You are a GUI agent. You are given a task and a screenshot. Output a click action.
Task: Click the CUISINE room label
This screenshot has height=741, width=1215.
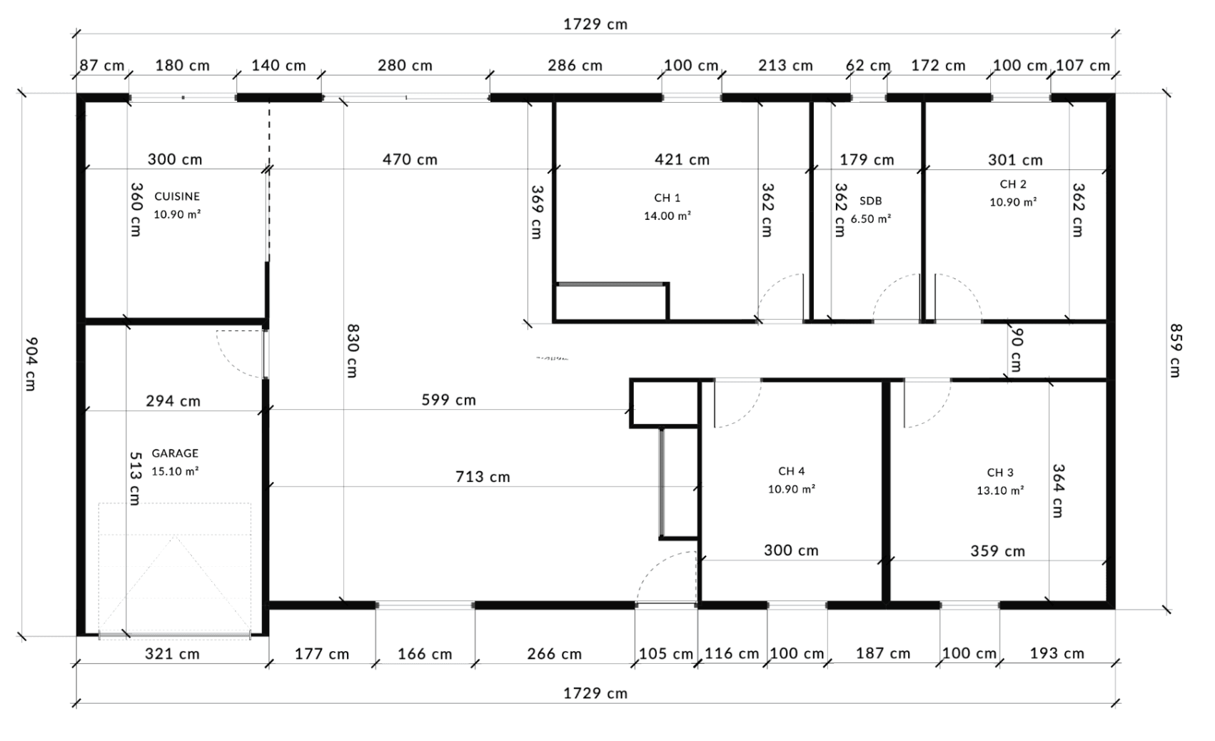pyautogui.click(x=177, y=196)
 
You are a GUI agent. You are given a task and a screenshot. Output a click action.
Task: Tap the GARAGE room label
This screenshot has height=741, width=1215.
pyautogui.click(x=175, y=453)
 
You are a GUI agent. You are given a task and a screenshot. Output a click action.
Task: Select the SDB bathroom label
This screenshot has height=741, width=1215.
pyautogui.click(x=871, y=201)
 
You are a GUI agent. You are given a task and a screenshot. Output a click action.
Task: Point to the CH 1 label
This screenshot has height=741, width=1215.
pyautogui.click(x=667, y=198)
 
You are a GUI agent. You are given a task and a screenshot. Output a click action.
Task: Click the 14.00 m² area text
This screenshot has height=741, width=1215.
pyautogui.click(x=667, y=216)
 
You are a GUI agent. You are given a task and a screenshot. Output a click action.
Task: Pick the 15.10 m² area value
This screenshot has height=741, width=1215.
pyautogui.click(x=175, y=471)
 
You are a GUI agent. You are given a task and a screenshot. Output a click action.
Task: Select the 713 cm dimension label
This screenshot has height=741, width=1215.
pyautogui.click(x=483, y=477)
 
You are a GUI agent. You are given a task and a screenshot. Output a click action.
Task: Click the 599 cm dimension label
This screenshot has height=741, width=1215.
pyautogui.click(x=448, y=400)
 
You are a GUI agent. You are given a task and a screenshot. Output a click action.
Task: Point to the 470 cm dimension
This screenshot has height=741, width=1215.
pyautogui.click(x=410, y=159)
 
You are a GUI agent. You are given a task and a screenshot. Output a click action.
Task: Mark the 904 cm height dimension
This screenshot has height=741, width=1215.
pyautogui.click(x=31, y=364)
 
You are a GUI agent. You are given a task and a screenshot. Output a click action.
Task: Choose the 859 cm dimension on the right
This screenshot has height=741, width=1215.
pyautogui.click(x=1175, y=351)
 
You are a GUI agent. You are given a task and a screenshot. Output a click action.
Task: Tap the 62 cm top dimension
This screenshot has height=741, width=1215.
pyautogui.click(x=868, y=66)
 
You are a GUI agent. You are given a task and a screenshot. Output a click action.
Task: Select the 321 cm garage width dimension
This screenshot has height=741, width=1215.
pyautogui.click(x=172, y=654)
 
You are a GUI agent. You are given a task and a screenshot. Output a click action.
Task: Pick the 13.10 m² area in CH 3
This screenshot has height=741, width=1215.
pyautogui.click(x=1000, y=491)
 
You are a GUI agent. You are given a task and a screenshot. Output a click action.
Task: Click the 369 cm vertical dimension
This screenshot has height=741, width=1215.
pyautogui.click(x=536, y=212)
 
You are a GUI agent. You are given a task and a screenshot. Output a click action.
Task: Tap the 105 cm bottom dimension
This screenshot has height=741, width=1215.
pyautogui.click(x=666, y=654)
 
